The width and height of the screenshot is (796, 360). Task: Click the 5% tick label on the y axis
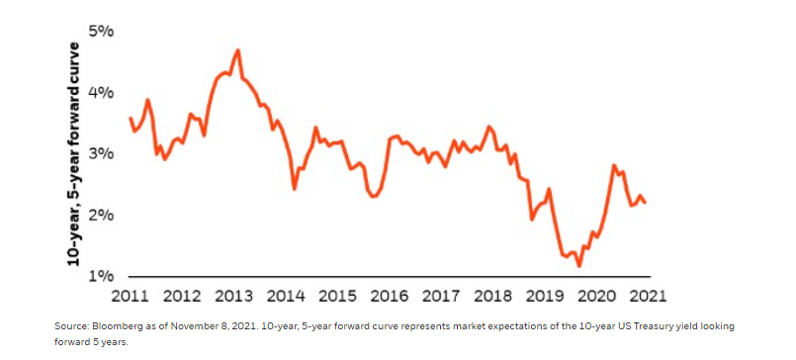101,32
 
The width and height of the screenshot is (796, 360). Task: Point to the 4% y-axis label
101,93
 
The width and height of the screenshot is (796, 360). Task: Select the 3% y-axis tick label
101,154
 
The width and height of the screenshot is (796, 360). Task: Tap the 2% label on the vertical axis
101,216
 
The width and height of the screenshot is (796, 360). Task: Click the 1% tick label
101,276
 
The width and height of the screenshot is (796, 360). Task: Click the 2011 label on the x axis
130,297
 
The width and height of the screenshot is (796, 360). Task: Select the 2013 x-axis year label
233,297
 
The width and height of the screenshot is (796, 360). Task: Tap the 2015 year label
336,297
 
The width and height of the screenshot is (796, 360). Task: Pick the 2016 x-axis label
389,297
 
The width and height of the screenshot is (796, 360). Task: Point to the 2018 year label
491,297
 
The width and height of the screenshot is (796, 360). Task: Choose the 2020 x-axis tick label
595,297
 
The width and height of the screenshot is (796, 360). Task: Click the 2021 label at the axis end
647,297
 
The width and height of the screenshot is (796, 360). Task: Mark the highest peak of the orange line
238,49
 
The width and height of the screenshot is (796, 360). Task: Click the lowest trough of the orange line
579,266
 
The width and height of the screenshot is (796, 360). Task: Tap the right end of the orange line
646,203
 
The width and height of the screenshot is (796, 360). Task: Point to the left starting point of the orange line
131,118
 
